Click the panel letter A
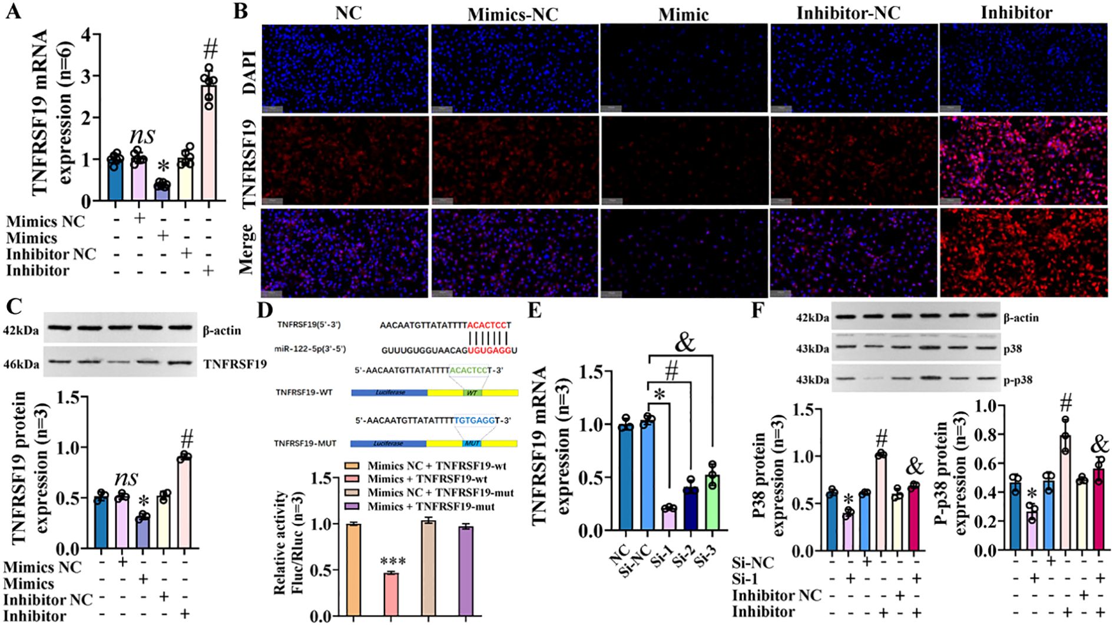(x=13, y=12)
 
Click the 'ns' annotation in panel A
(x=142, y=135)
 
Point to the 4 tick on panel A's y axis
(x=87, y=35)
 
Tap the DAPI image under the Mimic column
(x=684, y=68)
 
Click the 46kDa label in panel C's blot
(x=21, y=365)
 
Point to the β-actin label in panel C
(x=222, y=330)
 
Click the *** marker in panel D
(x=390, y=561)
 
